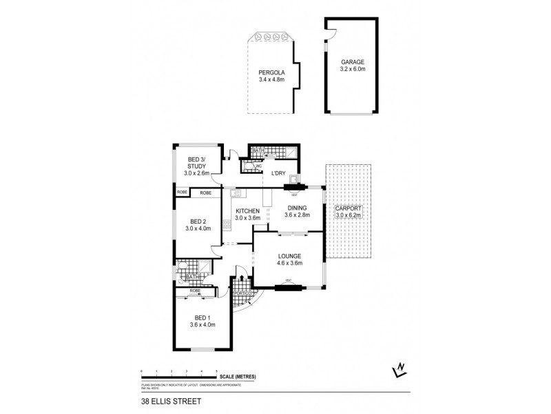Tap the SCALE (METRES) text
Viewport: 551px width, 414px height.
238,376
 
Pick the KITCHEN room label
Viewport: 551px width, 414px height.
247,214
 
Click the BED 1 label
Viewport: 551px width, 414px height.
202,321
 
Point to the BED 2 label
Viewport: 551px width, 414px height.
199,224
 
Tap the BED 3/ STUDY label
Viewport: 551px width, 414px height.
197,167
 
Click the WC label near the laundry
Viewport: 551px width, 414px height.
258,166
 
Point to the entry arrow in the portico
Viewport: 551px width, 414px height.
241,279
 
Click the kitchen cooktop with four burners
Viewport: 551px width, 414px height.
227,224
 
